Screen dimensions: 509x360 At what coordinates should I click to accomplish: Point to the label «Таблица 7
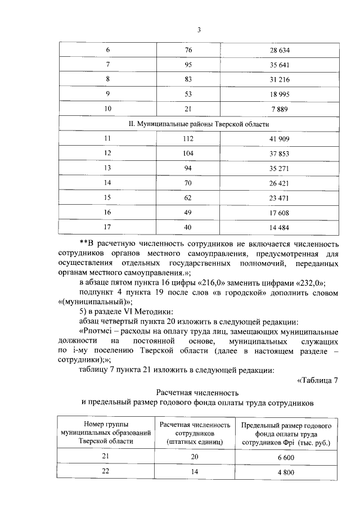click(x=317, y=380)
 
